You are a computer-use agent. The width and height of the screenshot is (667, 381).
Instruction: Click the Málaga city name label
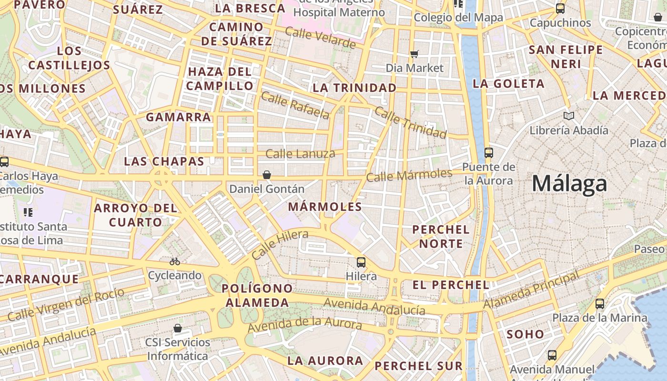569,183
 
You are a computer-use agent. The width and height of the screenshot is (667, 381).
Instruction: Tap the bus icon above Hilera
361,262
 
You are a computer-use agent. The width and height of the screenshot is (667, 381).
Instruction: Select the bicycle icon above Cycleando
175,261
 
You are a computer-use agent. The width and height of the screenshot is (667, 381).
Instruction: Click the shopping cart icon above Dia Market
414,54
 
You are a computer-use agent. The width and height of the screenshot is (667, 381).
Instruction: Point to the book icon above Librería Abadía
568,116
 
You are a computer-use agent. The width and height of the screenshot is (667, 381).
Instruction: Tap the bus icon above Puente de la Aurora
489,153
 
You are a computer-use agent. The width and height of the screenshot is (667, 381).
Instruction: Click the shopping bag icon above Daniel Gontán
267,175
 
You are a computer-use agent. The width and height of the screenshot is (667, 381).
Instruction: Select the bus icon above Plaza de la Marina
600,303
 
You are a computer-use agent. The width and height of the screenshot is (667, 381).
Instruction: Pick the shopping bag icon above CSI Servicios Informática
178,328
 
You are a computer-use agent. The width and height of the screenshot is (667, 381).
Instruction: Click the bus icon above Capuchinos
560,9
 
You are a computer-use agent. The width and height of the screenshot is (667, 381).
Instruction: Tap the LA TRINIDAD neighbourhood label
354,88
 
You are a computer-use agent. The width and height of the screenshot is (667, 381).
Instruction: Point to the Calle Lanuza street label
300,154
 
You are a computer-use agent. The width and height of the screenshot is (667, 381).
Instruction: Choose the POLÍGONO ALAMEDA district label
257,295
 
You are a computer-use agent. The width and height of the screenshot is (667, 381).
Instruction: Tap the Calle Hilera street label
280,244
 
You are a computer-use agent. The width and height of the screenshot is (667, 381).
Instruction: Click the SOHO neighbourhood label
525,334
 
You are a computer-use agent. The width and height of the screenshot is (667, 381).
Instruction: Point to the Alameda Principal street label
532,290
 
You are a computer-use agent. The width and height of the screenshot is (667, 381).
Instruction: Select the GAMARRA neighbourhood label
178,117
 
